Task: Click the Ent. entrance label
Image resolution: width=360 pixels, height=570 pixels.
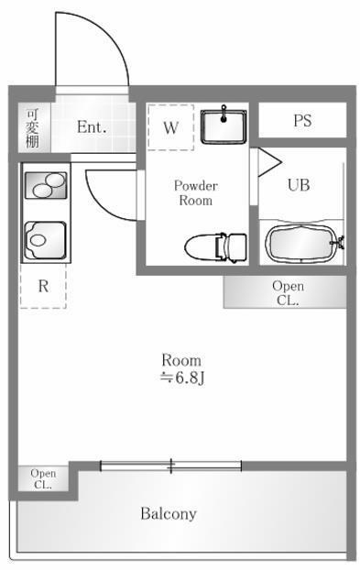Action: (92, 127)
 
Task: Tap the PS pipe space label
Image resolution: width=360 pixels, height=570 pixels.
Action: (302, 120)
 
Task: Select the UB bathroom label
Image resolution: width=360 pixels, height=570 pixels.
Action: (299, 185)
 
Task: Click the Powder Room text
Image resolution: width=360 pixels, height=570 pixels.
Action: (196, 192)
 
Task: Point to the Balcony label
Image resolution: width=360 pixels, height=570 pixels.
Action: (169, 513)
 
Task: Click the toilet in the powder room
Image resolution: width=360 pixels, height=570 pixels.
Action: (215, 247)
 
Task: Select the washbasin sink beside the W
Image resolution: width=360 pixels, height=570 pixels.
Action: (224, 126)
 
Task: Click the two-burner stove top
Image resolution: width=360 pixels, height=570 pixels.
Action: (46, 185)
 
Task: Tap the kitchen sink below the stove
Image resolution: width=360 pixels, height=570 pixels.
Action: (45, 240)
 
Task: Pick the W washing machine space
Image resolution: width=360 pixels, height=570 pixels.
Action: (170, 127)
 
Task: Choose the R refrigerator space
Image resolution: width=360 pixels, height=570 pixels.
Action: (43, 286)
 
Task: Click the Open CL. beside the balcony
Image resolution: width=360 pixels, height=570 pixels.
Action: (43, 478)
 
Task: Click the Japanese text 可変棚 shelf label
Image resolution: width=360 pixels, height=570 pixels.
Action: (32, 128)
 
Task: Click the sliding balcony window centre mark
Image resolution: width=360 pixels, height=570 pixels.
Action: (170, 466)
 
